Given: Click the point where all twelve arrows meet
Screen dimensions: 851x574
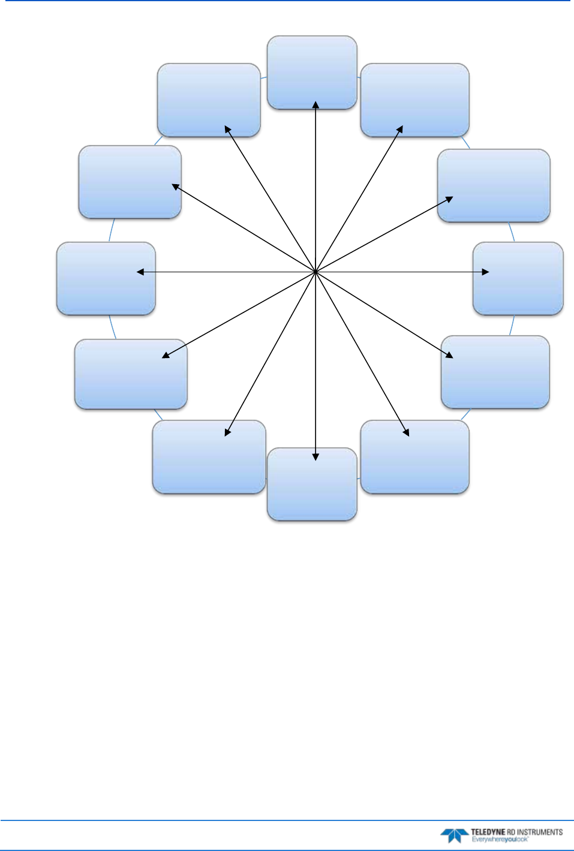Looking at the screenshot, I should tap(315, 272).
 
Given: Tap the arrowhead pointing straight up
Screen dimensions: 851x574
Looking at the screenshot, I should tap(315, 105).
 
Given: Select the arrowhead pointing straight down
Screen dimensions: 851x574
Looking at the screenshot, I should tap(315, 456).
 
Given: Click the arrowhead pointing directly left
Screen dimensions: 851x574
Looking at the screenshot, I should tap(140, 272).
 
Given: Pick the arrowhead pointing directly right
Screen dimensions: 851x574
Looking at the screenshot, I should tap(485, 272).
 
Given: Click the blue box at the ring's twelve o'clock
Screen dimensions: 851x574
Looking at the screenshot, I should tap(312, 72).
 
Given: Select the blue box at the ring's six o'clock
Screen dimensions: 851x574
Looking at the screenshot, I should tap(312, 484).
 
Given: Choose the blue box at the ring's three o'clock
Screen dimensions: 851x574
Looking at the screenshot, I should tap(518, 278).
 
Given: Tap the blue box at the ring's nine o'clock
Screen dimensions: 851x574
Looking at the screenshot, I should tap(106, 278).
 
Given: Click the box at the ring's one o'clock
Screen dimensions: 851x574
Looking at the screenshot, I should tap(414, 100).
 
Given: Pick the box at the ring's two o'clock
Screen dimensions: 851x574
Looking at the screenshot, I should tap(494, 185).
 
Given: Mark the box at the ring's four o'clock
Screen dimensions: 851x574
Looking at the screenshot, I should tap(495, 372).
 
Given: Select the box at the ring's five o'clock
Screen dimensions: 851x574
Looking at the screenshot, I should tap(414, 456).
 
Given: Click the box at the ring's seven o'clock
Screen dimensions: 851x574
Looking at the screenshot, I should tap(209, 456).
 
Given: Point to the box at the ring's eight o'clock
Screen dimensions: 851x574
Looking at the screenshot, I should tap(131, 374).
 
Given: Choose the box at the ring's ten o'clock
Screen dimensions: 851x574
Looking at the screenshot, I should tap(130, 182).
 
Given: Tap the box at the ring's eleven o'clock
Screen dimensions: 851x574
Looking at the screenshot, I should tap(209, 100).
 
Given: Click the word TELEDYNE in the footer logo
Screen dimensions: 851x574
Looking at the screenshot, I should tap(488, 832).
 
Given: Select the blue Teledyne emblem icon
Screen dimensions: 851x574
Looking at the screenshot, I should tap(454, 835).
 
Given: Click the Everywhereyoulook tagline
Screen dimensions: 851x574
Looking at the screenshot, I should tap(500, 839).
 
